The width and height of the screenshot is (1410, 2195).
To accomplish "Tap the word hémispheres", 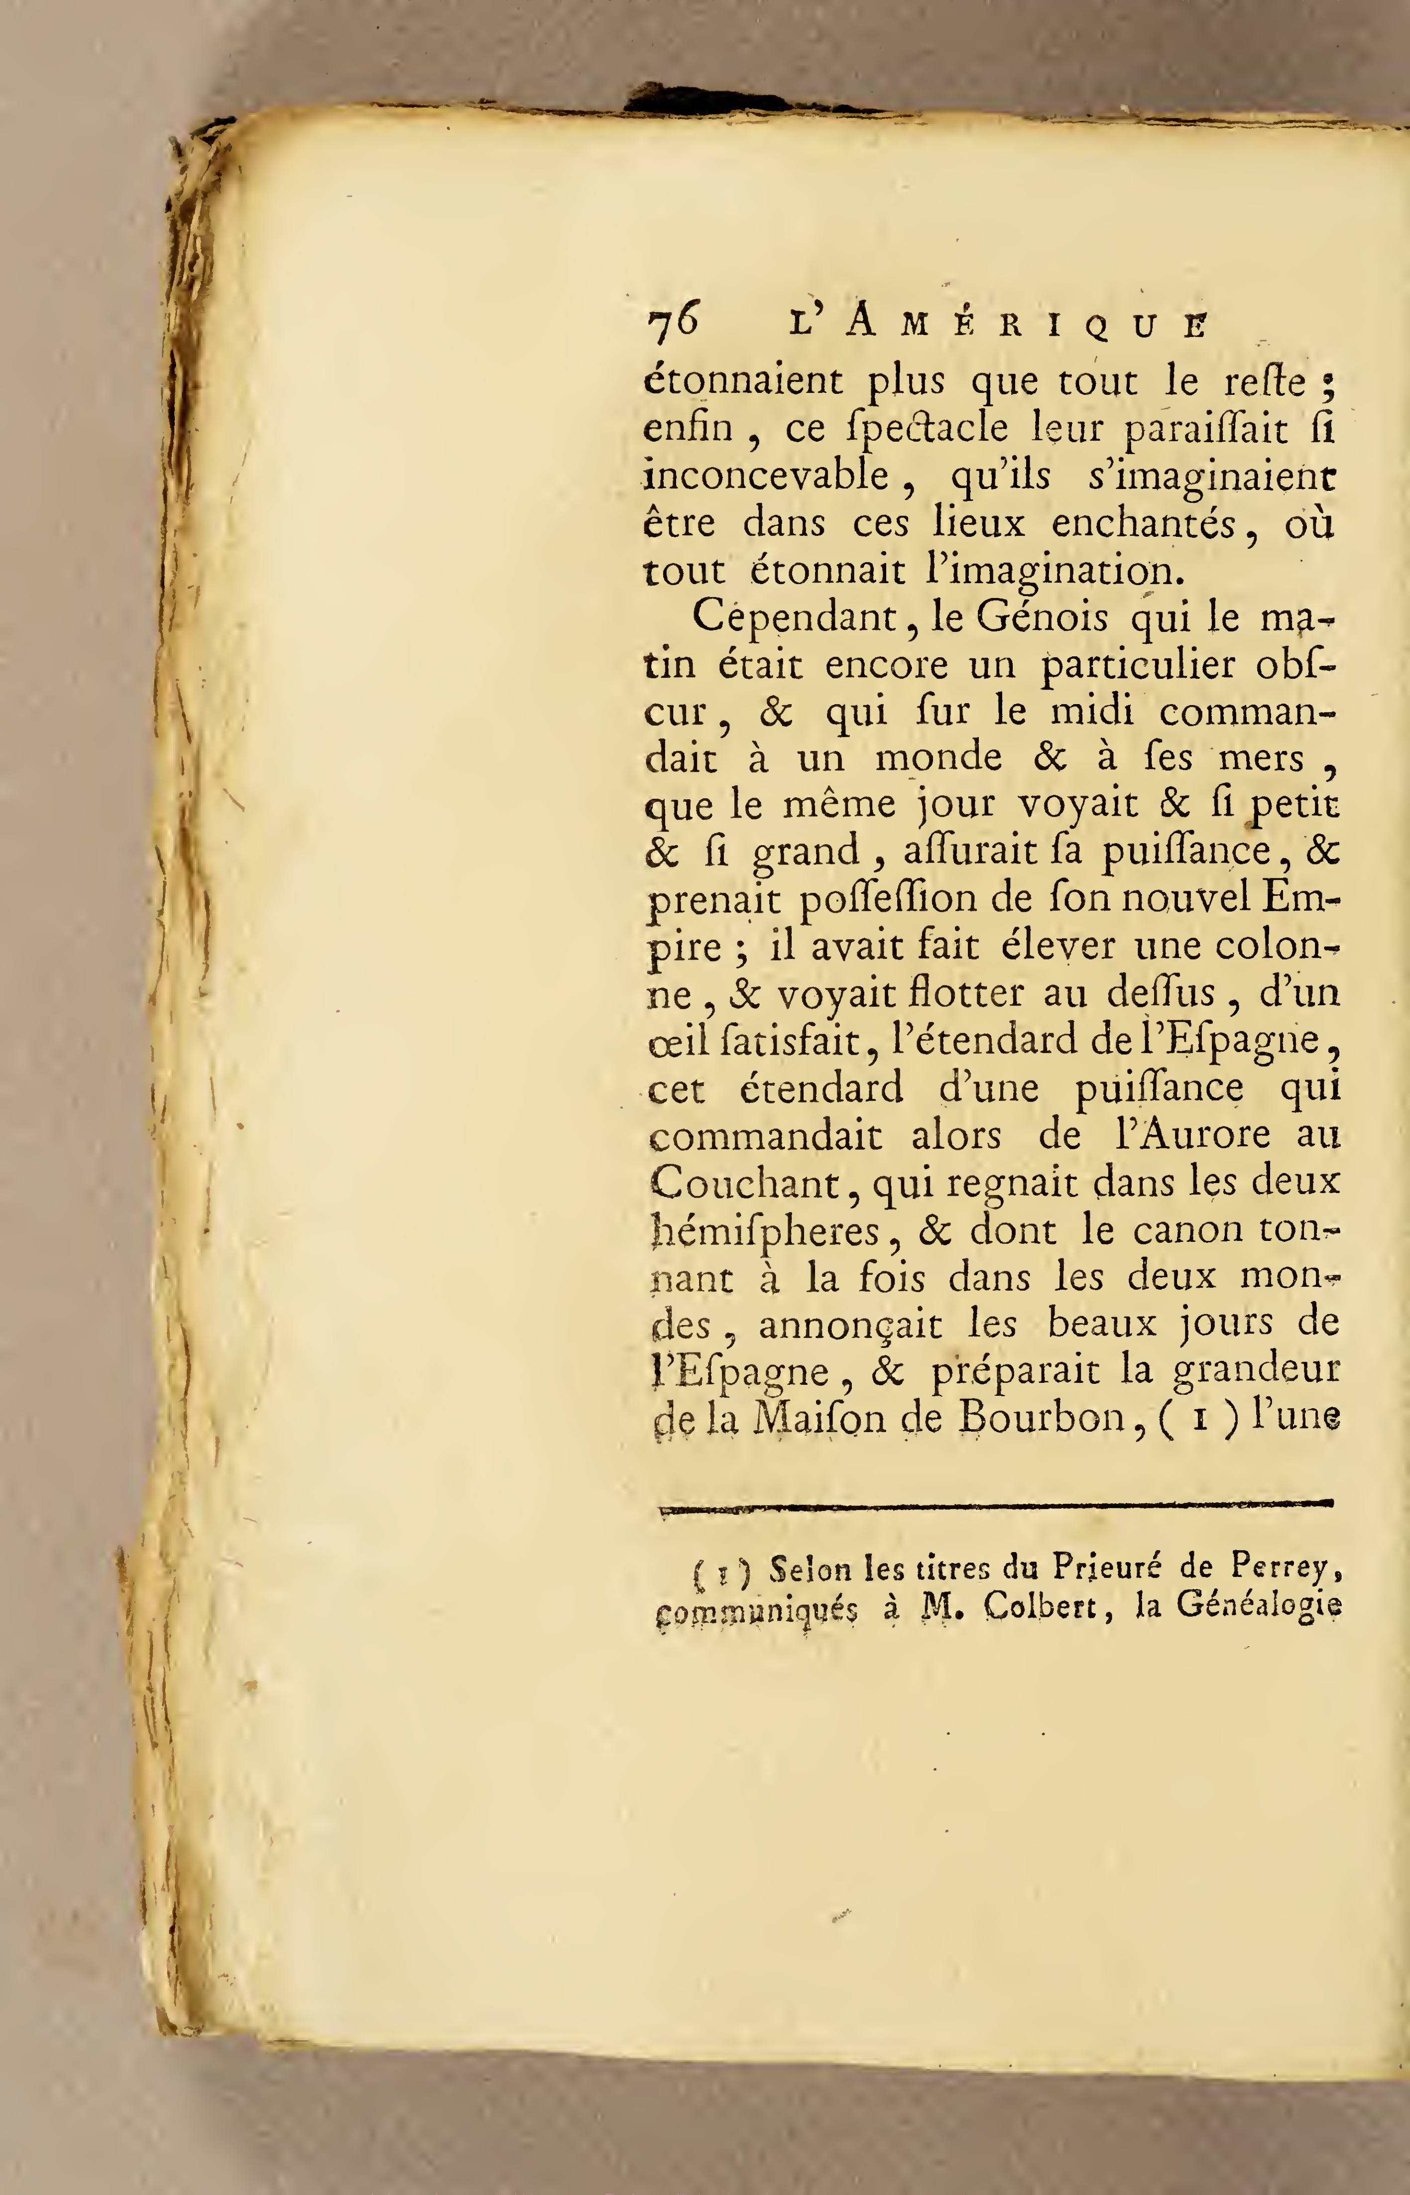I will (x=765, y=1231).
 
